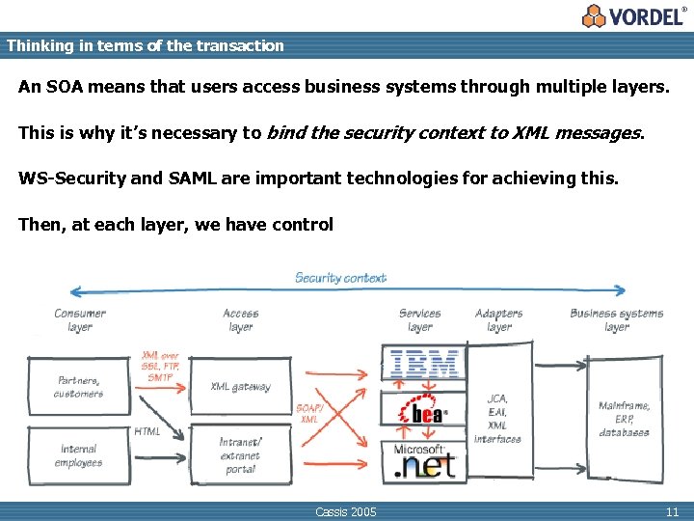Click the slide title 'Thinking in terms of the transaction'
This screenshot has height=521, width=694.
[145, 45]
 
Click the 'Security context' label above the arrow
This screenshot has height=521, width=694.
[340, 278]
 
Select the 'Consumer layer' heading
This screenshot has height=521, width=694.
[80, 320]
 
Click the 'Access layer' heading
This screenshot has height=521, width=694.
[240, 320]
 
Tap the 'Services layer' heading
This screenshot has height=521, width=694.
[419, 320]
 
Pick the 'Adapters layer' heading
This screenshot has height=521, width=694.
[498, 320]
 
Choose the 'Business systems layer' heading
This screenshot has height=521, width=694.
[616, 320]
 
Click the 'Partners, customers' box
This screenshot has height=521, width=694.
[78, 387]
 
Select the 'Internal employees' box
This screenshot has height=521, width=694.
[78, 455]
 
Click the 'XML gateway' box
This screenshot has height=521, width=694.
[240, 387]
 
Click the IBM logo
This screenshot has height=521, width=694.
[423, 365]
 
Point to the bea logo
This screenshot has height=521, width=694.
[423, 413]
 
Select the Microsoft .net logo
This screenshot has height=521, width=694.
[423, 461]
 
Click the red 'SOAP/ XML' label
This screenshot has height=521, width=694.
[308, 414]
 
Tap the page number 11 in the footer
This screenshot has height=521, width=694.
[672, 511]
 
